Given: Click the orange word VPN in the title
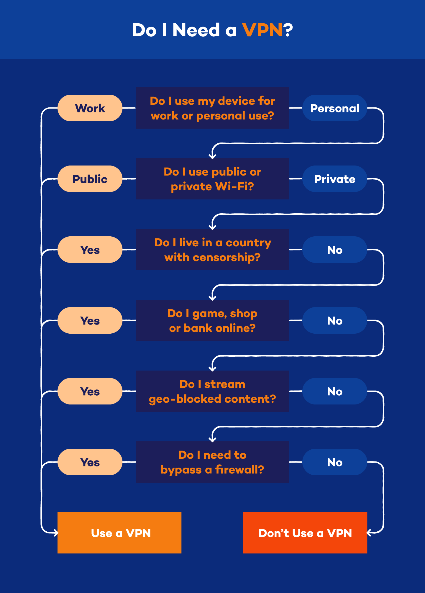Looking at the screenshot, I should (x=262, y=30).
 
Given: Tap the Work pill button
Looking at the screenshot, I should (x=90, y=108).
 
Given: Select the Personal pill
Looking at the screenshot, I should (x=334, y=108).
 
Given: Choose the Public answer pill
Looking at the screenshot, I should (x=90, y=179).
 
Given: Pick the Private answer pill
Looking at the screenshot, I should (x=334, y=179).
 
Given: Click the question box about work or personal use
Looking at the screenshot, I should (x=212, y=108).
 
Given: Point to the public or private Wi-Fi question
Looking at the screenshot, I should (x=212, y=179).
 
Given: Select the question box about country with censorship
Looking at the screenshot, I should (x=212, y=250).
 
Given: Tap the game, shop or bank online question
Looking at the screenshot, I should (x=212, y=320).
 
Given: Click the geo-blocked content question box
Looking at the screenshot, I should (x=212, y=391).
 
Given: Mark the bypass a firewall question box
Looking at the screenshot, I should (x=212, y=462).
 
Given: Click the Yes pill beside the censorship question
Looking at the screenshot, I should (x=90, y=250).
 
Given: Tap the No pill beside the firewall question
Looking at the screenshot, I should (x=334, y=462).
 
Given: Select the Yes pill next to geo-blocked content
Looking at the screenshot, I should (x=90, y=391).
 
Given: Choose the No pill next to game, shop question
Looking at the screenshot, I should (x=334, y=321).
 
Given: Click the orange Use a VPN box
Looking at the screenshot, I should (x=119, y=533).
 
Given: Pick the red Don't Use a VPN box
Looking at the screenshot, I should (x=305, y=533).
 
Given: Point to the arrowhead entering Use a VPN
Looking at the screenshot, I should (x=56, y=533).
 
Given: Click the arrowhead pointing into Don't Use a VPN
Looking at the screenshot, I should (x=369, y=533).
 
